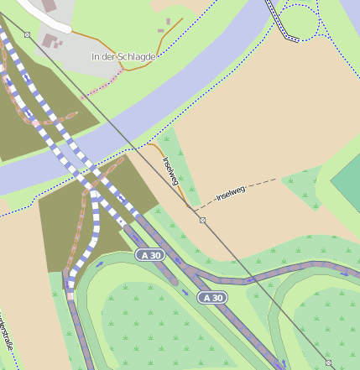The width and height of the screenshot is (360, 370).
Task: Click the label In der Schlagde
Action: click(123, 56)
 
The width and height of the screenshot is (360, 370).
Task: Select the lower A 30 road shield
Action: click(212, 298)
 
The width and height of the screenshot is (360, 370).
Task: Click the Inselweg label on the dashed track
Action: click(231, 195)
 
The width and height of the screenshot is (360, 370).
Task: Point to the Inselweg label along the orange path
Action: click(171, 173)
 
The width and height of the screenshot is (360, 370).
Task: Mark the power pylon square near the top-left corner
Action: click(28, 35)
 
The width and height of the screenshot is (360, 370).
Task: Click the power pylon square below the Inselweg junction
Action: click(202, 220)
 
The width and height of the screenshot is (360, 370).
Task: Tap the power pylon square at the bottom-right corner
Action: click(328, 362)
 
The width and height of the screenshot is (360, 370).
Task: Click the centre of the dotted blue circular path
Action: click(300, 19)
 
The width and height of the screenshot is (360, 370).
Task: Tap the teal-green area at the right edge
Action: click(347, 180)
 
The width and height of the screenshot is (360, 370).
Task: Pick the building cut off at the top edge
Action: click(50, 5)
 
